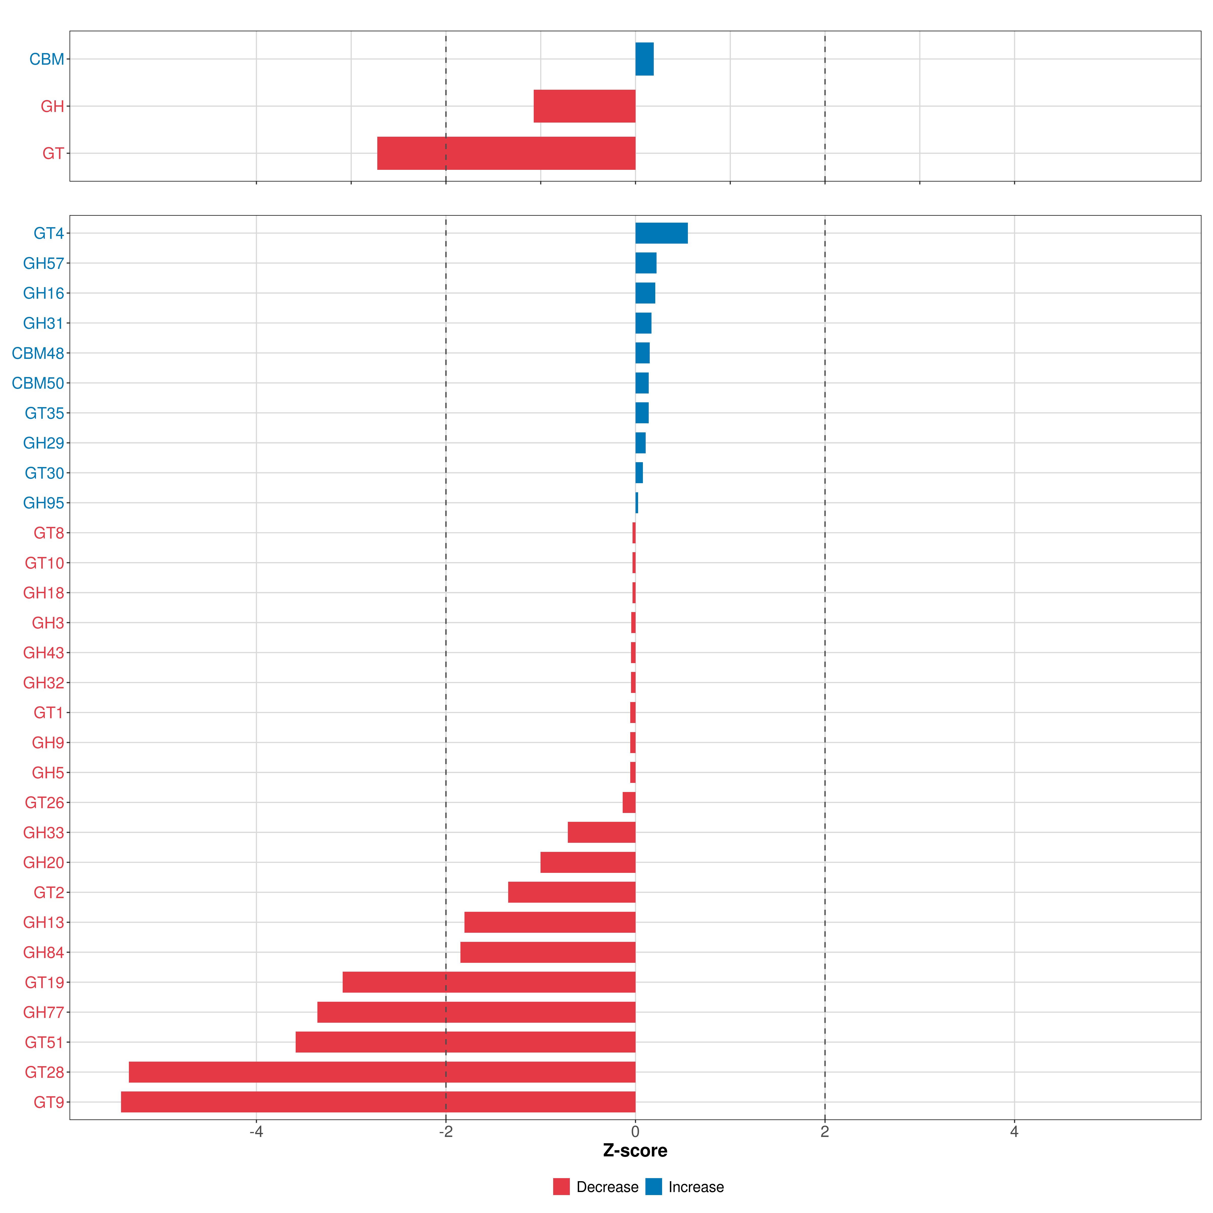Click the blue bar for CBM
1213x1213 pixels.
click(644, 59)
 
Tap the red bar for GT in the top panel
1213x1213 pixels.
click(506, 153)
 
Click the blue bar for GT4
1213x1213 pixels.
click(661, 233)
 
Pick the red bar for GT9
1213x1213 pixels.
click(378, 1102)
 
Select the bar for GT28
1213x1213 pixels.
click(382, 1072)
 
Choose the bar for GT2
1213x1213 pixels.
click(571, 892)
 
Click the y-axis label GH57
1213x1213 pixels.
click(43, 263)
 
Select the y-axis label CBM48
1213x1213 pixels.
click(38, 354)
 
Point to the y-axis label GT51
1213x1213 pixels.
click(44, 1042)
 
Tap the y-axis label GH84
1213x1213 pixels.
click(43, 952)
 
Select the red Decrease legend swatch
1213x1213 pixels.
click(561, 1187)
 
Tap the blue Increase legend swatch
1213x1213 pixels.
click(654, 1187)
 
